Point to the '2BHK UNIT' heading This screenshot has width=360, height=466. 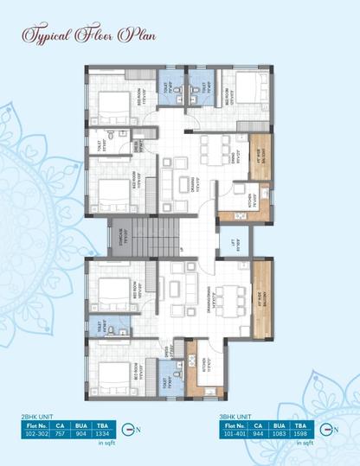[x=35, y=416]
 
